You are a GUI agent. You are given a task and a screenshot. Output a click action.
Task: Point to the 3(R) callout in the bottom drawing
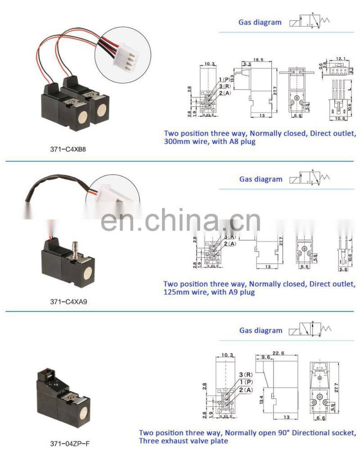pyautogui.click(x=246, y=375)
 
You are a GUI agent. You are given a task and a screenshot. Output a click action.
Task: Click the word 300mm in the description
pyautogui.click(x=177, y=141)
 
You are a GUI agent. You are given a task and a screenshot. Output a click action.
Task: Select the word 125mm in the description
pyautogui.click(x=176, y=292)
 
